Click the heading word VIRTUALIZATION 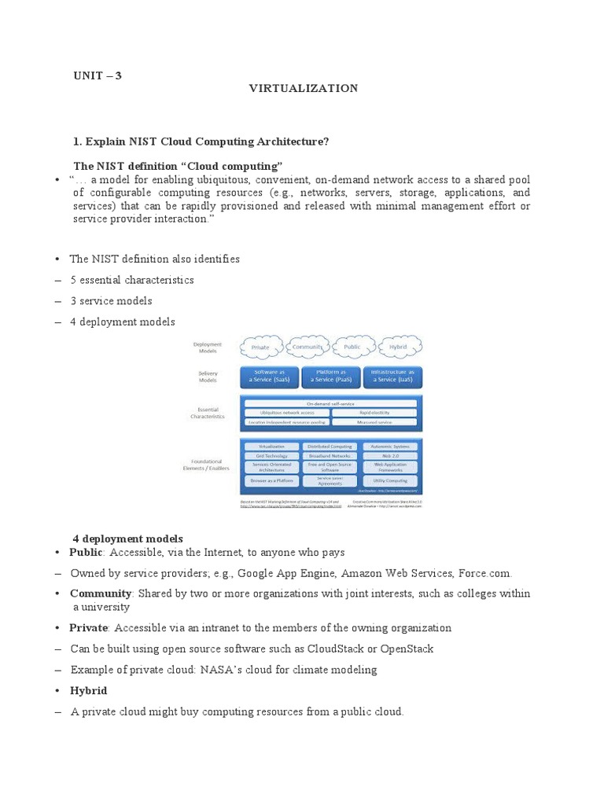click(x=304, y=89)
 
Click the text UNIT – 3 click(x=98, y=76)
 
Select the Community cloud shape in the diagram click(x=308, y=347)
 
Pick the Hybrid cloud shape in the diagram click(x=397, y=347)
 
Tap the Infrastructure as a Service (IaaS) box click(x=392, y=376)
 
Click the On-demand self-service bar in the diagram click(x=330, y=402)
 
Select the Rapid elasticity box click(x=373, y=412)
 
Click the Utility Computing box click(x=391, y=479)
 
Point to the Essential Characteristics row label click(x=207, y=412)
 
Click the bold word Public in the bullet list click(x=86, y=553)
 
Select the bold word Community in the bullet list click(x=100, y=594)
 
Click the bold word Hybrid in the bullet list click(x=88, y=690)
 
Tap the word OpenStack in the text click(x=407, y=649)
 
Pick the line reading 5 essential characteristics click(x=131, y=280)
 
